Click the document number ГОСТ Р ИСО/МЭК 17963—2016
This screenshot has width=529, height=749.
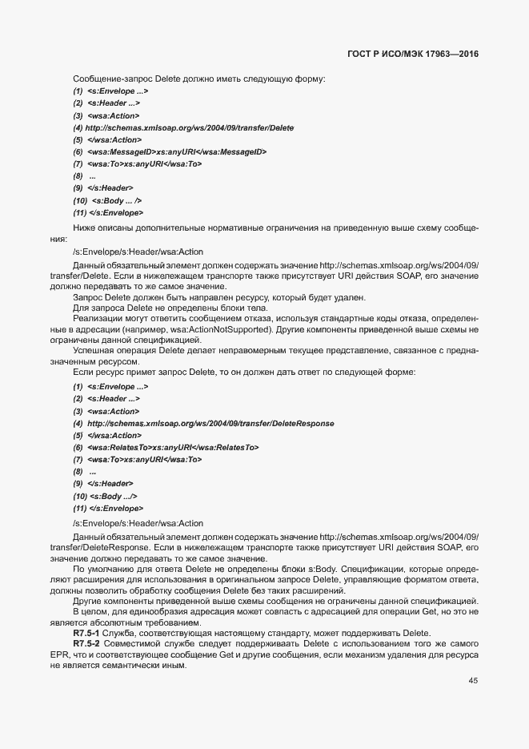419,56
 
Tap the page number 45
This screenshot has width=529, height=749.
474,681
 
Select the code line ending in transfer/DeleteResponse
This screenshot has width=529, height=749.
203,423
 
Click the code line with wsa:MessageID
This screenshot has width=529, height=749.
170,151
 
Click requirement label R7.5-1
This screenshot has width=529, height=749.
86,633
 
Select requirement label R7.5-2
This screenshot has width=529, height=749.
86,643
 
